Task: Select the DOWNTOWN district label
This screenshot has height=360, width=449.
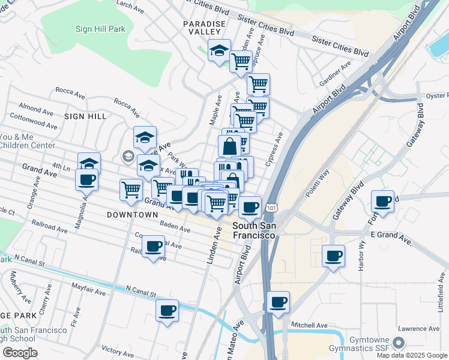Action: click(132, 214)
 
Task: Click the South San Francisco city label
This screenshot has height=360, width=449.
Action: click(254, 230)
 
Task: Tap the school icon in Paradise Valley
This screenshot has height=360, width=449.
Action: click(220, 52)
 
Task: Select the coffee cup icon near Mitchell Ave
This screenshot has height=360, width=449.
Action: click(278, 304)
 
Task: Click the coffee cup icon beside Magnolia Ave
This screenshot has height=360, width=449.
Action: click(87, 179)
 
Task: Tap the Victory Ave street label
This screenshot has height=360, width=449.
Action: click(118, 349)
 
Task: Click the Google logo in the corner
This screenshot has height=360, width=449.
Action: click(20, 353)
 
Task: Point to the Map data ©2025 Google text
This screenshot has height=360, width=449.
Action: click(412, 355)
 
